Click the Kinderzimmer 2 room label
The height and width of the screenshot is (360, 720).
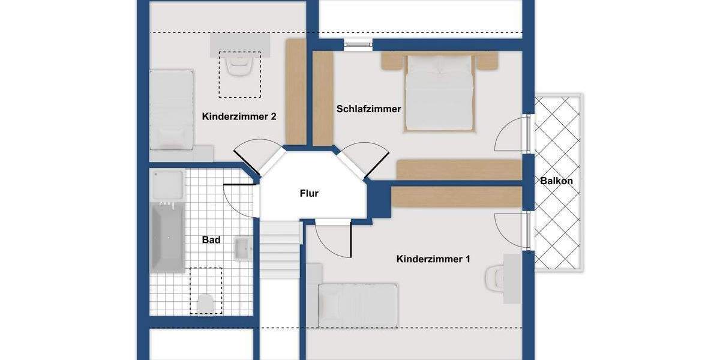pos(239,116)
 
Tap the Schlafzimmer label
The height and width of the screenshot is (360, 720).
pos(368,109)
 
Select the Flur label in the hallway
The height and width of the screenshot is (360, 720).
pos(309,193)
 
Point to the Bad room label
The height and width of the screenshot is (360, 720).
pos(211,240)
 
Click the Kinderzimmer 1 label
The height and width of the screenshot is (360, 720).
pos(433,259)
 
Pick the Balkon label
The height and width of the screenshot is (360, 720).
pos(556,181)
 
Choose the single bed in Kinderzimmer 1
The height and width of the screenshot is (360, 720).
pos(358,305)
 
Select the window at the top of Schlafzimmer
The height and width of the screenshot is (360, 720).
pos(358,43)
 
